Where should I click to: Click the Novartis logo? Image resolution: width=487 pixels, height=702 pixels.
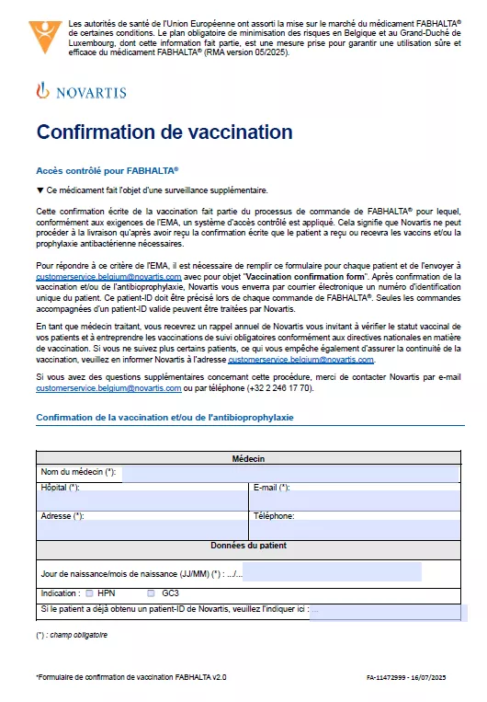(81, 92)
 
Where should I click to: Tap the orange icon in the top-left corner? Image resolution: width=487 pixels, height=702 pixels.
(46, 36)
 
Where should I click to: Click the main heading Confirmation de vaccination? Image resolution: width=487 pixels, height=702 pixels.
(164, 132)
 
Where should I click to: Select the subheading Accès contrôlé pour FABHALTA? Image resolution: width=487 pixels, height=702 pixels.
(107, 171)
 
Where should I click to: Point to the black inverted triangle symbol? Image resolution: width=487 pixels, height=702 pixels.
(40, 190)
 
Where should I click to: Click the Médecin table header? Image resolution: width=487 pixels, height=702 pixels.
(248, 458)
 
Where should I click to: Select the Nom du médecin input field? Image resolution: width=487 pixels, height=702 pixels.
(289, 473)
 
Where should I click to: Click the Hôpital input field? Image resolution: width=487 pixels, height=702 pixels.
(142, 501)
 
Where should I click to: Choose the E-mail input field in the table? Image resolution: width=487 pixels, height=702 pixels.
(354, 501)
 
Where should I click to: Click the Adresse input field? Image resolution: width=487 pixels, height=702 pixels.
(142, 529)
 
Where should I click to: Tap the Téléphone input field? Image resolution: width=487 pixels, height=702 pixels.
(354, 529)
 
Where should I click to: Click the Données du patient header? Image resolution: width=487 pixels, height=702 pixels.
(248, 546)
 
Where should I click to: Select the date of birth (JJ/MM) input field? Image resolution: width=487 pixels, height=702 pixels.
(349, 573)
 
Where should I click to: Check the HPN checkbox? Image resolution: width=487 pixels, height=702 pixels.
(89, 593)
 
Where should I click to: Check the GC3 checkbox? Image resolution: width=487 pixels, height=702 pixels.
(151, 593)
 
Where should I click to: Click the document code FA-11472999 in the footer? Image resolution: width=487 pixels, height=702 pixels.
(386, 677)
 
